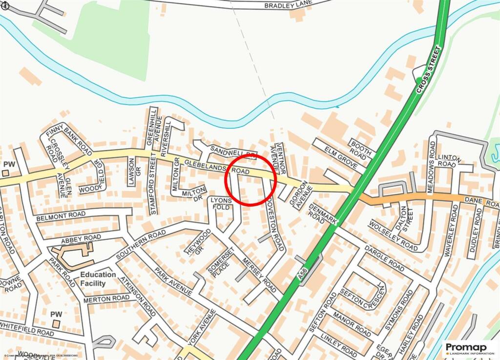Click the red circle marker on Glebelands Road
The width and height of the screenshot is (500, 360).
click(x=250, y=180)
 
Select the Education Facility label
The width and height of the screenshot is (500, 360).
click(x=98, y=278)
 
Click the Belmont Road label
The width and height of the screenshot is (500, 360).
click(x=61, y=215)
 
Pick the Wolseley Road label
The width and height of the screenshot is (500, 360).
click(x=393, y=237)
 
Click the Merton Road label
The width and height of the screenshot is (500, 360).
click(x=106, y=298)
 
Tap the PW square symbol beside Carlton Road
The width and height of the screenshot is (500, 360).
click(x=6, y=172)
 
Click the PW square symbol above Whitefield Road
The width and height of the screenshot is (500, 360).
click(x=56, y=323)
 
